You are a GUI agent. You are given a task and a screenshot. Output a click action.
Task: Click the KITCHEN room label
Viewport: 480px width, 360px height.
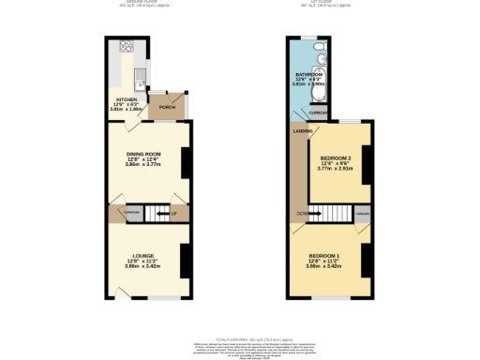click(124, 98)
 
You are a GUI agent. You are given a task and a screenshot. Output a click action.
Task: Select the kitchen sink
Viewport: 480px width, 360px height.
click(138, 73)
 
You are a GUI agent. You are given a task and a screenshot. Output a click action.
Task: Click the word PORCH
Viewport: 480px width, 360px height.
click(167, 108)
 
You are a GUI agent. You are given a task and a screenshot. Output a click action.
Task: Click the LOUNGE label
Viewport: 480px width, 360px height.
click(143, 255)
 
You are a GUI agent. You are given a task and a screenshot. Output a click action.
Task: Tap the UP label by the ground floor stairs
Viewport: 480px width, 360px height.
click(173, 215)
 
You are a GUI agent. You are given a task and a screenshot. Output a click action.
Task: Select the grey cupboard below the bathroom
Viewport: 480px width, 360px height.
click(318, 113)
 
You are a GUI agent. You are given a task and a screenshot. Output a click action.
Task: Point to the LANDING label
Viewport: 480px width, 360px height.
click(302, 132)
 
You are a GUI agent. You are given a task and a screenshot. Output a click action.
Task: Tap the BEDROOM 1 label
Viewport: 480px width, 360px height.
click(324, 256)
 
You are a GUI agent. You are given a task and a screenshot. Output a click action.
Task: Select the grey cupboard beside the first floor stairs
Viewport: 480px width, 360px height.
click(361, 215)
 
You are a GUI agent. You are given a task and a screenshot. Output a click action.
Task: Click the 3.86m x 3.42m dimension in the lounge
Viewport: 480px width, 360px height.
click(143, 267)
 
